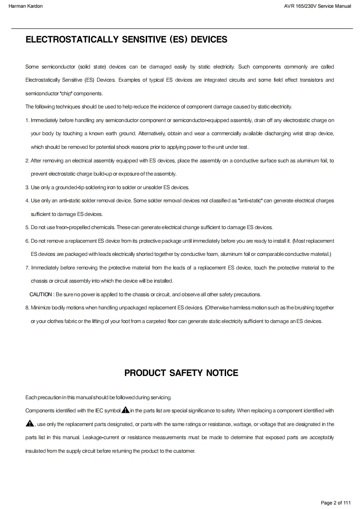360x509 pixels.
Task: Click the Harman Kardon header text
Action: pos(25,6)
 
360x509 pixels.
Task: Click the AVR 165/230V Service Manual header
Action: pos(317,6)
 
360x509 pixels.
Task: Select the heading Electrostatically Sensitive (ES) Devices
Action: pos(126,40)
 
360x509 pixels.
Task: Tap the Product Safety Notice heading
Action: pos(181,373)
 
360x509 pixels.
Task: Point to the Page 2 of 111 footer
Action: pos(335,503)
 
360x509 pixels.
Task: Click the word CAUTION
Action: pos(41,294)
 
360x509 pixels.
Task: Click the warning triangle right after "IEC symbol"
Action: pos(125,411)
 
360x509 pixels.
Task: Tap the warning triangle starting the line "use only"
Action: pos(30,424)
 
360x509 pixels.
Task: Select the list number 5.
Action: pos(27,227)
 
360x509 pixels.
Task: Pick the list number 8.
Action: pos(27,308)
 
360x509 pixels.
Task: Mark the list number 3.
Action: pos(27,187)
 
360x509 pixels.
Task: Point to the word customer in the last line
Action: pos(183,451)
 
